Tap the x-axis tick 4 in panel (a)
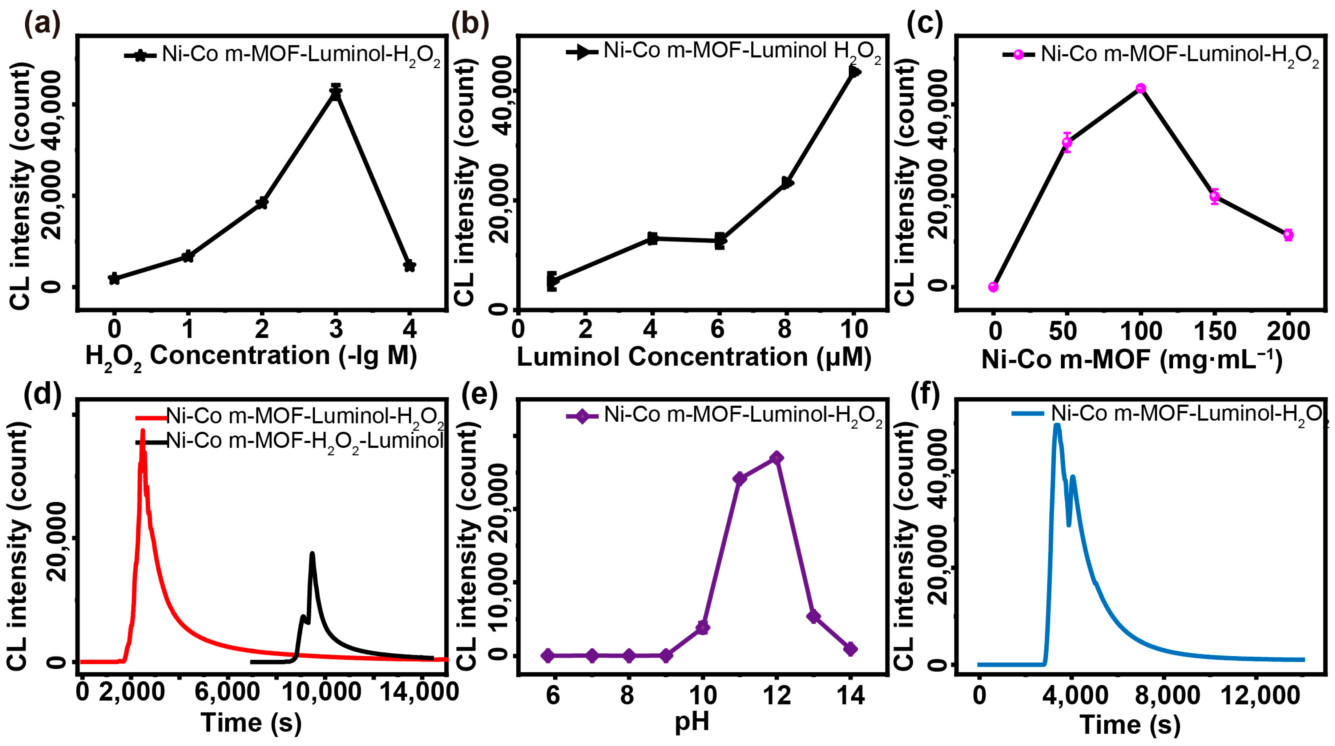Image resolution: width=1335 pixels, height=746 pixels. coord(409,330)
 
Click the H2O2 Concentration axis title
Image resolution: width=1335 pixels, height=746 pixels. coord(251,357)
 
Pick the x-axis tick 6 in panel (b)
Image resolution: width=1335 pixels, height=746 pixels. coord(718,330)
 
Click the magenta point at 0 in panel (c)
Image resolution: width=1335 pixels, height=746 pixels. coord(993,287)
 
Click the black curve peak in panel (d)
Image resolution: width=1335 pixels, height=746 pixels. coord(312,554)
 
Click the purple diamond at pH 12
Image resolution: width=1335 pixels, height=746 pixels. coord(776,458)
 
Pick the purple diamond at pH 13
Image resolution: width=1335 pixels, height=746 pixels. coord(813,616)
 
